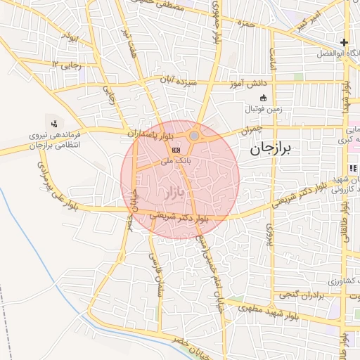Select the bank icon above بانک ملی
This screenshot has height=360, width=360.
176,150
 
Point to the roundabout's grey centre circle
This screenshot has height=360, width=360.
194,135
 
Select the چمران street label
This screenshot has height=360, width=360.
250,130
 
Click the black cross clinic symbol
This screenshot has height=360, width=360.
344,42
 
